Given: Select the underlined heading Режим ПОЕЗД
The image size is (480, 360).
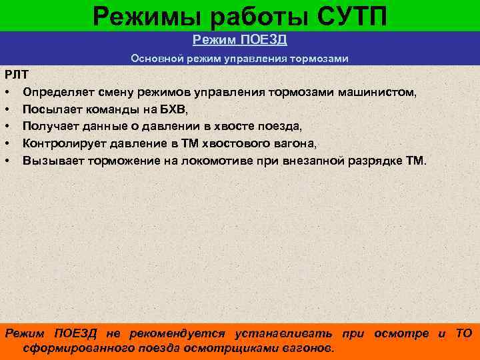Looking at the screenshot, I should coord(239,40).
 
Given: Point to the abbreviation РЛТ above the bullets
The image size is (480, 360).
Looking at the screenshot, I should coord(14,73).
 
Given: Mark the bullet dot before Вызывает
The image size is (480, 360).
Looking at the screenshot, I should coord(7,161).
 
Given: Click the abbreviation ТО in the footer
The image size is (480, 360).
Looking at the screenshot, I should coord(464,333).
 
